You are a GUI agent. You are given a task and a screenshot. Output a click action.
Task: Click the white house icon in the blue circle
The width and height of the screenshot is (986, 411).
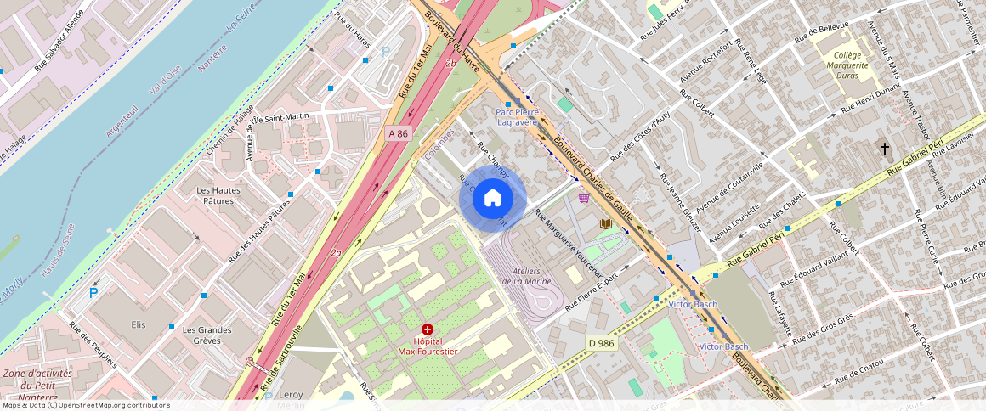(493, 199)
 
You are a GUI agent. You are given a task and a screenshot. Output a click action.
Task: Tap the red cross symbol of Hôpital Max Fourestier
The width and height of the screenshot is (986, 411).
(427, 329)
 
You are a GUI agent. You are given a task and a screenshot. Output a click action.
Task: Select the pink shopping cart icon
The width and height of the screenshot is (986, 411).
(584, 198)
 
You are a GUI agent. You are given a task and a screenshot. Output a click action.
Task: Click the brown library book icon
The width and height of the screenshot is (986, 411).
(605, 223)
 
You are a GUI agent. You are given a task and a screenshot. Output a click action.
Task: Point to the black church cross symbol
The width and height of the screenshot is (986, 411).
(885, 149)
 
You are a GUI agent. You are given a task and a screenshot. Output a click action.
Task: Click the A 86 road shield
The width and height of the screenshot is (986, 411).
(398, 133)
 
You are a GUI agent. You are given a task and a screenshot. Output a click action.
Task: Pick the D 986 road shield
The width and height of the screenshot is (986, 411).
(600, 342)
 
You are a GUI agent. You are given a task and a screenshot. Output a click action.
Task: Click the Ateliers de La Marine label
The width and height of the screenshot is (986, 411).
(527, 276)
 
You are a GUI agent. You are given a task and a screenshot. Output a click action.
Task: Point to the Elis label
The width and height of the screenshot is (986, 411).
(139, 324)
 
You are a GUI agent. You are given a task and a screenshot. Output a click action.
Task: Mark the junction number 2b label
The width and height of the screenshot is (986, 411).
(450, 64)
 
